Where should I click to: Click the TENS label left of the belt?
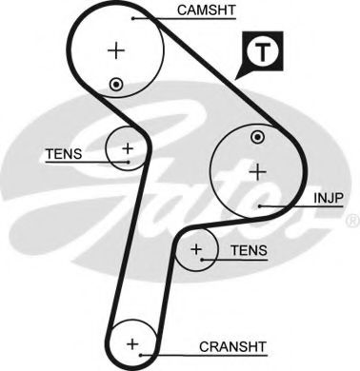[x=63, y=152]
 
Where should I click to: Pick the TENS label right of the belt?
[x=249, y=250]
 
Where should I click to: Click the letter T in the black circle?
[x=265, y=51]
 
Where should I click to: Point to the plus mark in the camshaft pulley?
[x=117, y=49]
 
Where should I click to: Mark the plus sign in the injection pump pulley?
[x=256, y=171]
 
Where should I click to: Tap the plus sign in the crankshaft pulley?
[x=132, y=342]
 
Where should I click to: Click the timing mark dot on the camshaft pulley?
[x=116, y=85]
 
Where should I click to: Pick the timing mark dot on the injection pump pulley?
[x=256, y=140]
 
